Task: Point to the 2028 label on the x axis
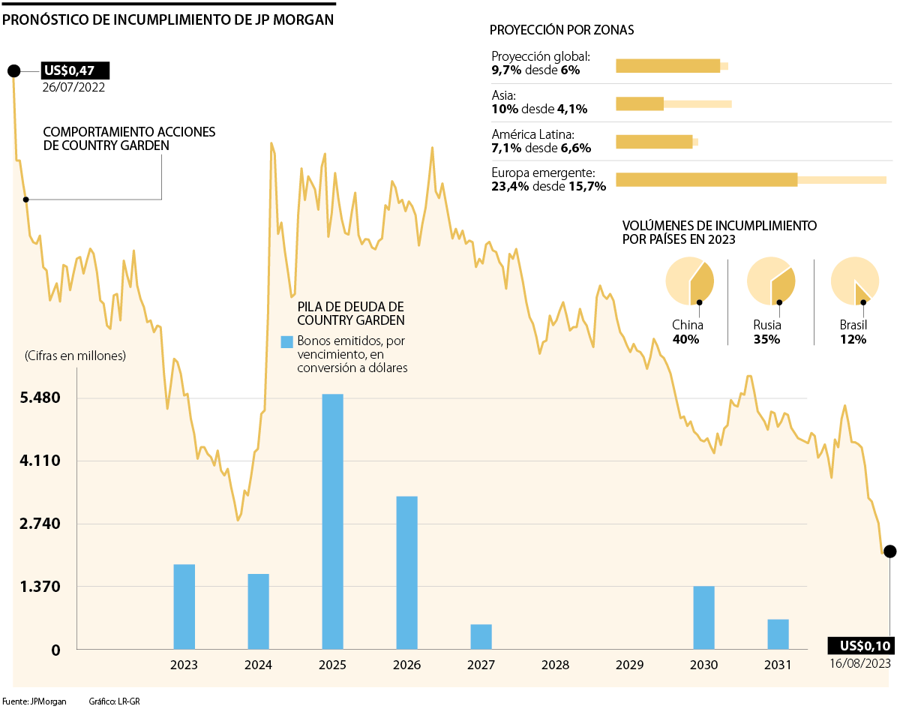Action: pyautogui.click(x=555, y=665)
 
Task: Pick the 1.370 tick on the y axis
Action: pyautogui.click(x=40, y=587)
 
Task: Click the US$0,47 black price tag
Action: pyautogui.click(x=75, y=71)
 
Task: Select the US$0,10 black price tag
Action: pyautogui.click(x=861, y=646)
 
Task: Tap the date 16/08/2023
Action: pyautogui.click(x=860, y=663)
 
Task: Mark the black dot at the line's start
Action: pyautogui.click(x=13, y=71)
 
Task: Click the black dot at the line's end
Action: pyautogui.click(x=889, y=551)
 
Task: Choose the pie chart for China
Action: pyautogui.click(x=689, y=281)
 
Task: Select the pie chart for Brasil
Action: pyautogui.click(x=854, y=281)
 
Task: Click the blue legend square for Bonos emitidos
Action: pyautogui.click(x=286, y=342)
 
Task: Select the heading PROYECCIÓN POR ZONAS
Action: pyautogui.click(x=562, y=31)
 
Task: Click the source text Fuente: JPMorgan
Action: pyautogui.click(x=34, y=701)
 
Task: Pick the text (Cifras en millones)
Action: pyautogui.click(x=75, y=356)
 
